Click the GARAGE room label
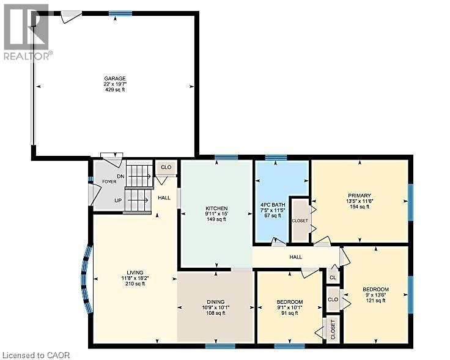[114, 78]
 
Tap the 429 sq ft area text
[114, 90]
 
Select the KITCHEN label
[216, 208]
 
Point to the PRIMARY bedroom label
[358, 196]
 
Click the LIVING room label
[135, 273]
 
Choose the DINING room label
[215, 302]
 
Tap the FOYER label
[109, 181]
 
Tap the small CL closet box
[333, 277]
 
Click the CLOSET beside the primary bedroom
[300, 220]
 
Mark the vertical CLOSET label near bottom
[333, 330]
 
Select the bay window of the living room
[86, 279]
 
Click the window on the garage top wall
[120, 13]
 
